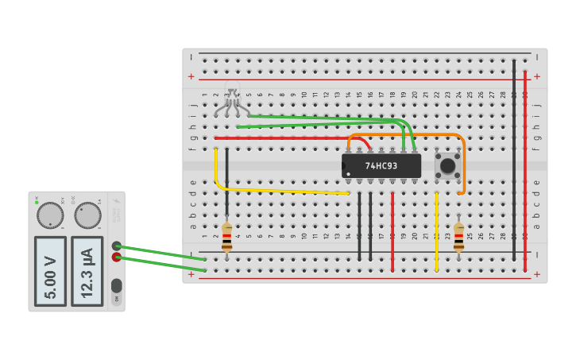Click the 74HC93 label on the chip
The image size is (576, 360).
tap(381, 166)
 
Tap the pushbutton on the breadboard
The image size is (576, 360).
tap(447, 166)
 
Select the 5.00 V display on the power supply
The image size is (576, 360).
tap(51, 270)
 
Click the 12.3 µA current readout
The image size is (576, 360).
tap(87, 270)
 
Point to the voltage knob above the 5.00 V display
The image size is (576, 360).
tap(50, 215)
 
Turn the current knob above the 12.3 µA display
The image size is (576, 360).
tap(87, 215)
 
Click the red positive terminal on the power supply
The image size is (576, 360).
tap(117, 257)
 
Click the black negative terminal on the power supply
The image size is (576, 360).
tap(117, 246)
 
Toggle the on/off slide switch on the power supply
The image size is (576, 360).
tap(117, 285)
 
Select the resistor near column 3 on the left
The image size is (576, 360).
tap(227, 237)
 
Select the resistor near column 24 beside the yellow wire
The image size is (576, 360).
tap(458, 237)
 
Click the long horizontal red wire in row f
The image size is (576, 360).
tap(286, 137)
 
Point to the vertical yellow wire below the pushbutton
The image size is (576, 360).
tap(436, 230)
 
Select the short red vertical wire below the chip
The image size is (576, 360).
tap(392, 230)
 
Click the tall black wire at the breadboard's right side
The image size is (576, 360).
tap(514, 159)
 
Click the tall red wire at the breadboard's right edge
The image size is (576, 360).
tap(525, 159)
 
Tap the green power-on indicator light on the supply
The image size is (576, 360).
tap(37, 202)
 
